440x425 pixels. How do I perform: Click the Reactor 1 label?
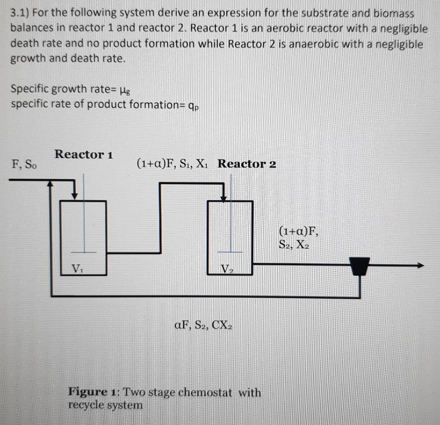coord(84,154)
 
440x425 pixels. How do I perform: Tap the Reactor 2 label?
coord(247,164)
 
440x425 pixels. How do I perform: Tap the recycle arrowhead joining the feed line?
coord(50,183)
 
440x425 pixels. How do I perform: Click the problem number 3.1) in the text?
coord(19,13)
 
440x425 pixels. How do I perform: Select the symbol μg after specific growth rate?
coord(123,89)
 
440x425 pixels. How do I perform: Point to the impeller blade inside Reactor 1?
coord(83,252)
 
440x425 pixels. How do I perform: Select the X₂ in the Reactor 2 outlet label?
coord(302,245)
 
